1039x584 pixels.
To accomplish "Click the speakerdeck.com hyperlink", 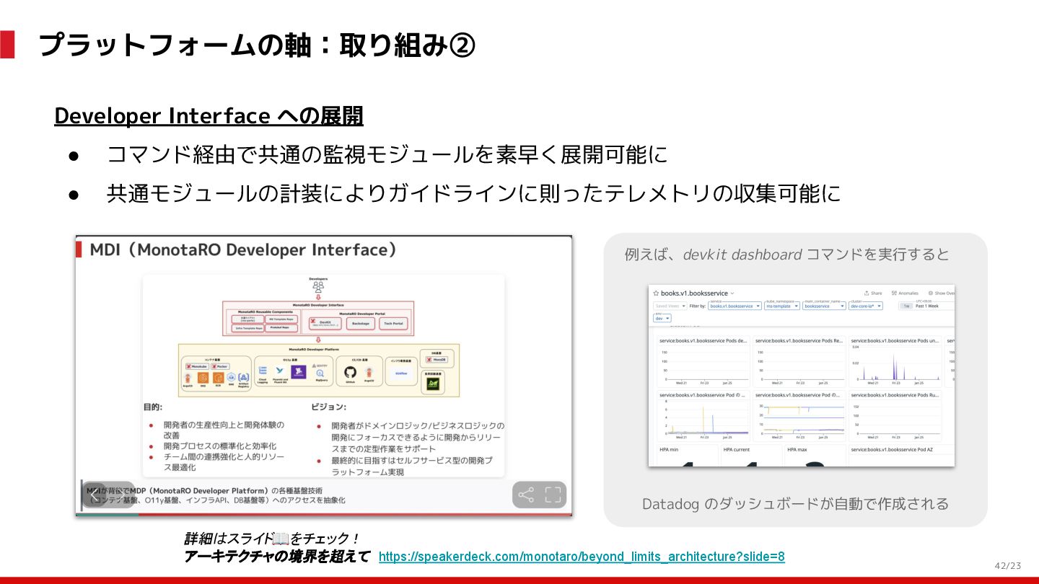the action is [x=582, y=557].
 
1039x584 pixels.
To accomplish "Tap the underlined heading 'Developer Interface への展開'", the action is [x=209, y=116].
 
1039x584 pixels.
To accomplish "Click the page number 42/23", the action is [x=1007, y=566].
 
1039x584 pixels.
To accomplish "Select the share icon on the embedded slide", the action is [x=527, y=495].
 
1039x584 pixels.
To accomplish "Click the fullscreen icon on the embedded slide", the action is [x=553, y=495].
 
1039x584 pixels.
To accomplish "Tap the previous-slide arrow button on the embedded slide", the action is [x=95, y=495].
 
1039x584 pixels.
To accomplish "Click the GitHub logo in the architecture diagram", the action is [x=351, y=373].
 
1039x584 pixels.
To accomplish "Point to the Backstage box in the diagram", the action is [x=361, y=324].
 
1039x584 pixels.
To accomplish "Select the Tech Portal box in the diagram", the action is [x=393, y=324].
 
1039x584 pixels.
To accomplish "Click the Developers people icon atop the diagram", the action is [x=318, y=286].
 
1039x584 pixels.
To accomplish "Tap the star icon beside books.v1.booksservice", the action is [x=656, y=293].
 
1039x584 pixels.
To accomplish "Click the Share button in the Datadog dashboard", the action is [x=873, y=293].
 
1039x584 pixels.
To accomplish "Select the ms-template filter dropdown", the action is [x=782, y=306].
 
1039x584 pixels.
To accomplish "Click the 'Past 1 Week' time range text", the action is [x=927, y=306].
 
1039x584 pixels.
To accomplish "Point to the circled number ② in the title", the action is [x=462, y=45].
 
